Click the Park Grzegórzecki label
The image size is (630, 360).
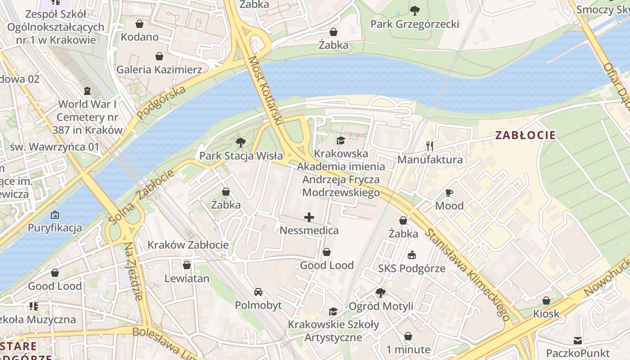[x=414, y=24]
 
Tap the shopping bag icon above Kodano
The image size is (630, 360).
[x=139, y=23]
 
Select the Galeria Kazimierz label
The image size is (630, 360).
[x=159, y=70]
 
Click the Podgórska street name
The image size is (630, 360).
[x=161, y=103]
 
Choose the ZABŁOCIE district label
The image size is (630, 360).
[x=525, y=135]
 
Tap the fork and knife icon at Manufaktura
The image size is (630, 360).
[x=430, y=146]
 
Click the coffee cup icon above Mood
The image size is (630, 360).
[x=449, y=193]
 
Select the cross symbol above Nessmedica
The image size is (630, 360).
[x=309, y=218]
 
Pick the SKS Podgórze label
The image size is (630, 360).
[x=411, y=269]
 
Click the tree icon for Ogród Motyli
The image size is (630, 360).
[x=380, y=293]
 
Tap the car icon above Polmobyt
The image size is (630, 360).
[x=258, y=292]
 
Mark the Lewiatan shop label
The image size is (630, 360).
[x=187, y=279]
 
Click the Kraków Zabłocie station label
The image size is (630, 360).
[x=188, y=245]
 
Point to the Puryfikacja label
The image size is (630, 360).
[x=55, y=228]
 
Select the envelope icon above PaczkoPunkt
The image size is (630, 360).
[x=577, y=340]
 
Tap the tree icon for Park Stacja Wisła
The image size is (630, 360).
[x=241, y=143]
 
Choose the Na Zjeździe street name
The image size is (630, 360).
[x=134, y=270]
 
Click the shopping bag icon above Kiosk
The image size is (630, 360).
[x=546, y=300]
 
